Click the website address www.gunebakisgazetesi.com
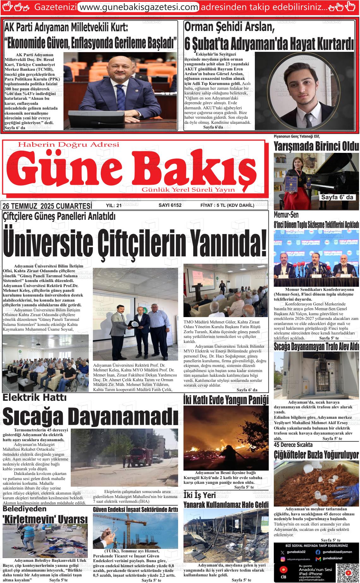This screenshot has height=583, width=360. click(x=138, y=7)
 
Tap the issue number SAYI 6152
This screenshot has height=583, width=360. click(x=170, y=205)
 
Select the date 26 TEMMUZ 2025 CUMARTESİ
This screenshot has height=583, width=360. click(x=47, y=206)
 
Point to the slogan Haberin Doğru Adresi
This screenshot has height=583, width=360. click(x=69, y=145)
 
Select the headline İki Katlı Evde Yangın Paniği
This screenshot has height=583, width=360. click(x=226, y=400)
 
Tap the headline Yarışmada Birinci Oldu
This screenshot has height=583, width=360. click(x=316, y=147)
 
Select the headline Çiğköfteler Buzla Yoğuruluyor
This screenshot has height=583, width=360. click(x=316, y=455)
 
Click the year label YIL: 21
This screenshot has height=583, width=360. click(x=114, y=205)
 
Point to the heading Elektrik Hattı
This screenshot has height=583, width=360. click(x=34, y=397)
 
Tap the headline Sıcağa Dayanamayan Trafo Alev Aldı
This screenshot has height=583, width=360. click(x=316, y=346)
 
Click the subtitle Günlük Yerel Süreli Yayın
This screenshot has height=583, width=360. click(x=189, y=189)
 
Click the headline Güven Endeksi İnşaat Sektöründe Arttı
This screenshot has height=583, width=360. click(x=135, y=509)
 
